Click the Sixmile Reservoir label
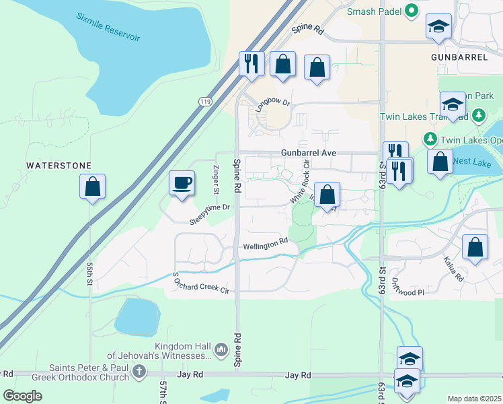108,27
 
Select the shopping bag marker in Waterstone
92,187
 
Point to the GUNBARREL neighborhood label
459,58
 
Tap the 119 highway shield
205,101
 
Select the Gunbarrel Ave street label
308,153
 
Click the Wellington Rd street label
265,245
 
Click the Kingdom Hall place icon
221,350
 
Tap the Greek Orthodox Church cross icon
139,371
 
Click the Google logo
23,396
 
